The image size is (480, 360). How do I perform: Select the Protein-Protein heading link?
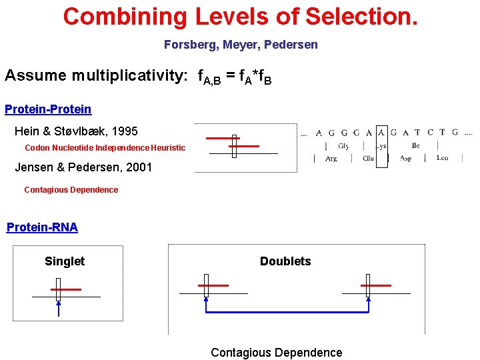(x=48, y=109)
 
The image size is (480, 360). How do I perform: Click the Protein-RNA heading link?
(x=42, y=227)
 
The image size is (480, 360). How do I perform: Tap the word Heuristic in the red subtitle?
(x=169, y=147)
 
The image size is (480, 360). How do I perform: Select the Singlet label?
(x=65, y=261)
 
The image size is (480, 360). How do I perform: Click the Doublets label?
(x=285, y=261)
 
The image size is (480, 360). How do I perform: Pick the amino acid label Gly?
(x=343, y=146)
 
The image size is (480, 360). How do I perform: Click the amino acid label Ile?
(x=415, y=145)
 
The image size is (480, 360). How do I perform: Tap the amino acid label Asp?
(x=405, y=159)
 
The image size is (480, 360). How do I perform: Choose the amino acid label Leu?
(x=442, y=159)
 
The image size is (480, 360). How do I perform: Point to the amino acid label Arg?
(x=331, y=159)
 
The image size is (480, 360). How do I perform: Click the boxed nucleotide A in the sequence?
(x=381, y=133)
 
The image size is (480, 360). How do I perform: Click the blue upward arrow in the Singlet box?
(x=59, y=307)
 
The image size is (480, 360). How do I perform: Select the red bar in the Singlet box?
(x=66, y=289)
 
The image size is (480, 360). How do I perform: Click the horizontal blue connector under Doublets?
(x=287, y=311)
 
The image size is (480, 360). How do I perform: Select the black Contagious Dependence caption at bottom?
(x=276, y=353)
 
